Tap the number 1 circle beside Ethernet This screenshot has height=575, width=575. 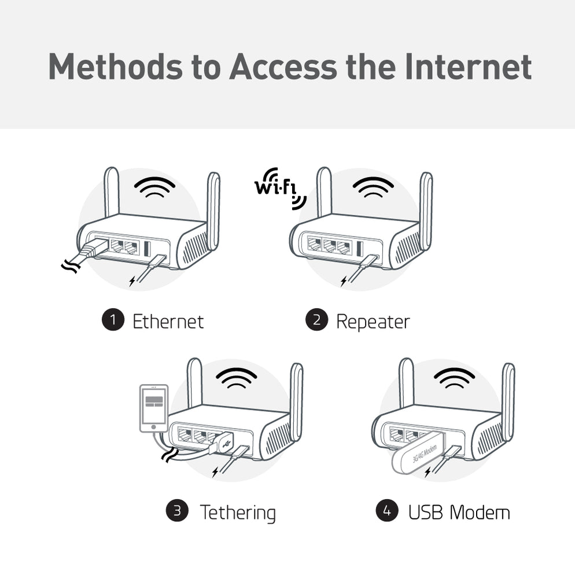click(113, 320)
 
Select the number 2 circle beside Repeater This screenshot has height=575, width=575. click(316, 320)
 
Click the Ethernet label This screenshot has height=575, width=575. click(168, 321)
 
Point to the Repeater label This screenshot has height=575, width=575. click(373, 321)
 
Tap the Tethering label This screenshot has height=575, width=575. click(237, 512)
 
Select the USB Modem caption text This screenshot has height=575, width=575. click(459, 512)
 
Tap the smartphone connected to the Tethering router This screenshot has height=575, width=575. click(154, 408)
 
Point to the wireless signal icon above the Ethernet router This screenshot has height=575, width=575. click(154, 187)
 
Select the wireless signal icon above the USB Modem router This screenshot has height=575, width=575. click(454, 378)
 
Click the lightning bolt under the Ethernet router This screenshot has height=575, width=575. click(132, 281)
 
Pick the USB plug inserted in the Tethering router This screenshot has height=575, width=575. click(224, 443)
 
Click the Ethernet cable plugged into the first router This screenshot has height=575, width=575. click(87, 253)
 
